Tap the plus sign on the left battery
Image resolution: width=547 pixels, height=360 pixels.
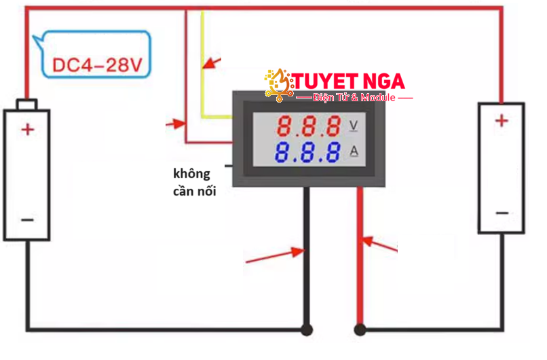point(27,129)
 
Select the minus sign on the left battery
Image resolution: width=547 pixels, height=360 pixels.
point(27,219)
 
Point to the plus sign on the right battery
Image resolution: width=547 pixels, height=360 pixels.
point(501,121)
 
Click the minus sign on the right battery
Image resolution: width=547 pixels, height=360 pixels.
point(502,213)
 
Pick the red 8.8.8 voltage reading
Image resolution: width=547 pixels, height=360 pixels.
point(309,126)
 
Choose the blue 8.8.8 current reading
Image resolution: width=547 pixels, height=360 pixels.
point(309,152)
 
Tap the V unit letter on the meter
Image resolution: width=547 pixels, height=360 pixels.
point(354,126)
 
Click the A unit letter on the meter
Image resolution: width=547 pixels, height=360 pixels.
point(354,151)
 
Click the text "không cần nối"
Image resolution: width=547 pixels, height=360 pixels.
point(192,182)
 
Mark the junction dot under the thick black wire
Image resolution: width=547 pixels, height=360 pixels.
point(307,330)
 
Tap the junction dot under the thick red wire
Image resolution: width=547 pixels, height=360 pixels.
point(360,330)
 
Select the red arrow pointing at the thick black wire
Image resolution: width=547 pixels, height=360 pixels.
point(275,255)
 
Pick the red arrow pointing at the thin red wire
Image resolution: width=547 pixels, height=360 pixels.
point(176,124)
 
